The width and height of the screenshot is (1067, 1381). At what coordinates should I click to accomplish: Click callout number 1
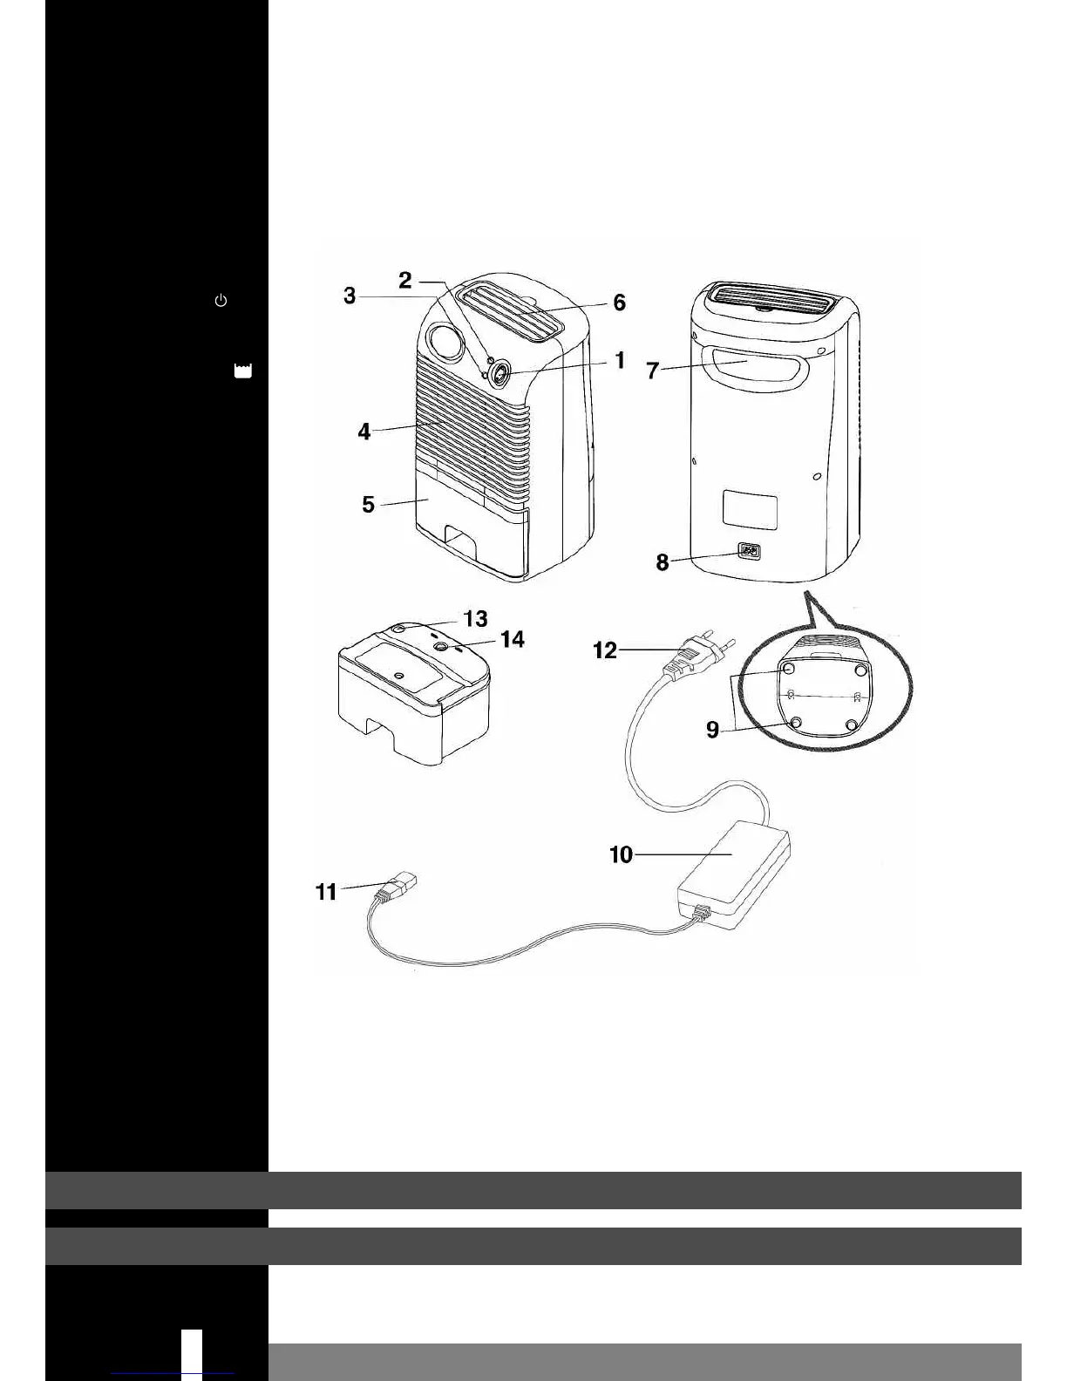coord(620,359)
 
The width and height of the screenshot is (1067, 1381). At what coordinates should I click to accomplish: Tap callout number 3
coord(350,296)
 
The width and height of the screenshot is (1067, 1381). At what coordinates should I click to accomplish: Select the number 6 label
coord(619,303)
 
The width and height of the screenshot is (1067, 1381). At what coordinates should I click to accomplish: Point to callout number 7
coord(652,371)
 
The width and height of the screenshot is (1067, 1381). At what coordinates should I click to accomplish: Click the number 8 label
coord(663,562)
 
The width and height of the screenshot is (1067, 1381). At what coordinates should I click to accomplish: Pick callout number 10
coord(621,854)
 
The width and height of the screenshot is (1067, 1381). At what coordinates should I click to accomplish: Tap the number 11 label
coord(326,892)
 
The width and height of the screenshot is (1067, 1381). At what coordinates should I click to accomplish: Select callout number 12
coord(605,650)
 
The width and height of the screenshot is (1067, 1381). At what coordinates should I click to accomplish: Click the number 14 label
coord(513,639)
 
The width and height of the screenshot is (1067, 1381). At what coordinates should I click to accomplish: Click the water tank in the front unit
coord(471,532)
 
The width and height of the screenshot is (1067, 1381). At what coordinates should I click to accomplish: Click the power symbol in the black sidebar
coord(221,301)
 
